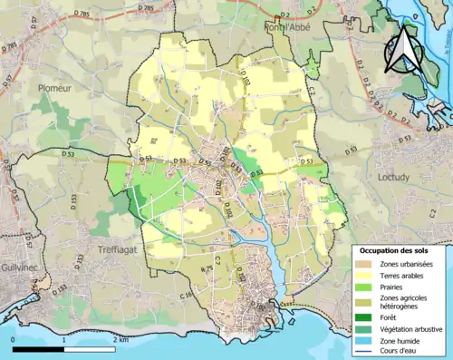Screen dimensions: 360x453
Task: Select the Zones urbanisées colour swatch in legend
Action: pos(367,264)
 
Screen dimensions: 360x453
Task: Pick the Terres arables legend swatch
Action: pos(367,277)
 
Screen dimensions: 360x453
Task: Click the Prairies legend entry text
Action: pos(394,289)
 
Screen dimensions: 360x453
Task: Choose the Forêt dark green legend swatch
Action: pos(367,317)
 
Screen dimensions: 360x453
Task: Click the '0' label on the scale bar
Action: pos(14,338)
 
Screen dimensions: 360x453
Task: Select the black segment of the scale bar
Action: pos(39,348)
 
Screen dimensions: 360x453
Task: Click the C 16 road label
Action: pos(187,296)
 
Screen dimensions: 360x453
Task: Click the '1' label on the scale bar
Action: pos(64,338)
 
